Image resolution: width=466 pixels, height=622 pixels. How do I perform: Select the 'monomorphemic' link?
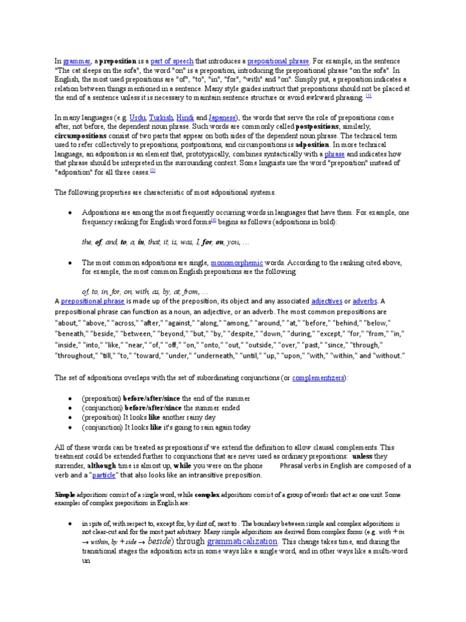tap(237, 262)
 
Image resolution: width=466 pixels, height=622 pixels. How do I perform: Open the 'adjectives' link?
tap(326, 301)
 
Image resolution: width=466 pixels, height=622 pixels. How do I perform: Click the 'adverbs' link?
tap(365, 301)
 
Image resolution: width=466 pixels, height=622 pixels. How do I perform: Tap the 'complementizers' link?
tap(318, 377)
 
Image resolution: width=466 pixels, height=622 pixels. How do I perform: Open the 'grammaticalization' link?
tap(242, 541)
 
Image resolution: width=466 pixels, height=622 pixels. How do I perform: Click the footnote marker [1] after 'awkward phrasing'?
tap(368, 96)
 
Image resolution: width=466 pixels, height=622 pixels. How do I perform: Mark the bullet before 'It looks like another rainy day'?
tap(72, 418)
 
